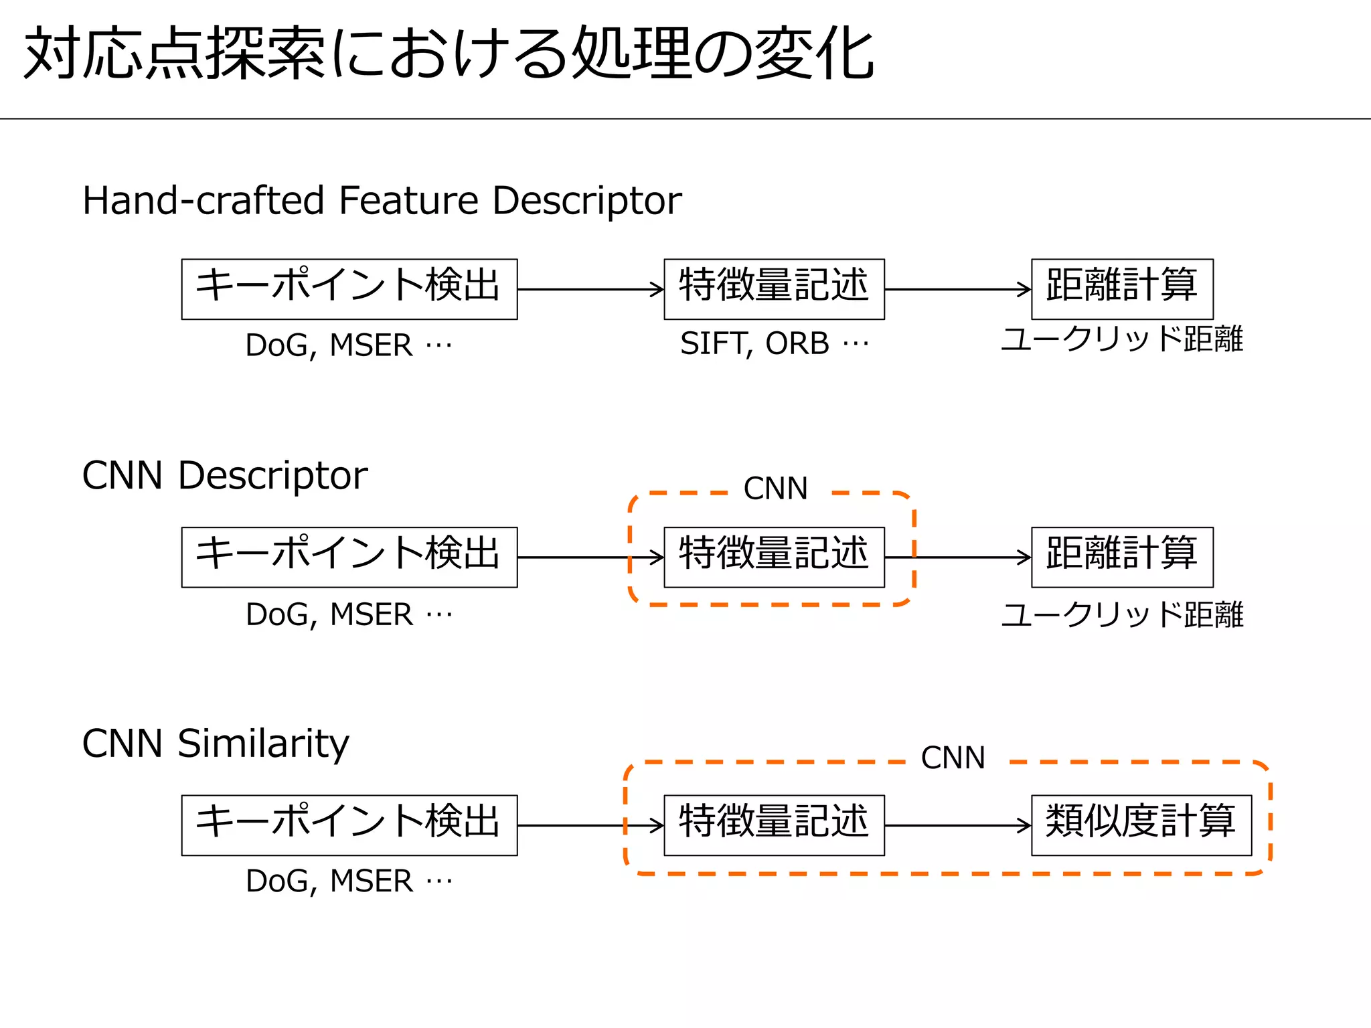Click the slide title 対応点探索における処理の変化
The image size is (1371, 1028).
[449, 54]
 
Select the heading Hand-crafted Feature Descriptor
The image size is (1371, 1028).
[382, 200]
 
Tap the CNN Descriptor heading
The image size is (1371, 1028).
[225, 475]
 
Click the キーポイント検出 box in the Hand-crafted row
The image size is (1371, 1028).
[349, 289]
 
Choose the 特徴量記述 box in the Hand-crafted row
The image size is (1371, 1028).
[774, 289]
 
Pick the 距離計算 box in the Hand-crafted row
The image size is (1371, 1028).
[1122, 289]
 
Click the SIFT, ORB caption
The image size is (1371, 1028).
[774, 343]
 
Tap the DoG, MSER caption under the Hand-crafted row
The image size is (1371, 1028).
[349, 345]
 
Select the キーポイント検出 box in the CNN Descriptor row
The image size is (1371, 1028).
[349, 557]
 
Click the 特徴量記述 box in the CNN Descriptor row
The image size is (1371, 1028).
[774, 557]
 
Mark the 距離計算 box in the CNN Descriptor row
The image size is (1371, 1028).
[1122, 557]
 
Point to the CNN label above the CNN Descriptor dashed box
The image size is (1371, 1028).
[776, 489]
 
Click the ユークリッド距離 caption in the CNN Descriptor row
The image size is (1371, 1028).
[1122, 614]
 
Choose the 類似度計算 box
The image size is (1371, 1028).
[1141, 825]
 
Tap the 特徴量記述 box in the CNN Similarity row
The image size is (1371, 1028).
[774, 825]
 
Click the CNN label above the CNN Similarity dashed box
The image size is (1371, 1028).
[953, 758]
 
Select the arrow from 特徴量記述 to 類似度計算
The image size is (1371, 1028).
[957, 825]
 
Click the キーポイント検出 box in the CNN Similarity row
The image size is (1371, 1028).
[349, 825]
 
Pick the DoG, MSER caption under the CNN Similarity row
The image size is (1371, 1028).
[349, 881]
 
